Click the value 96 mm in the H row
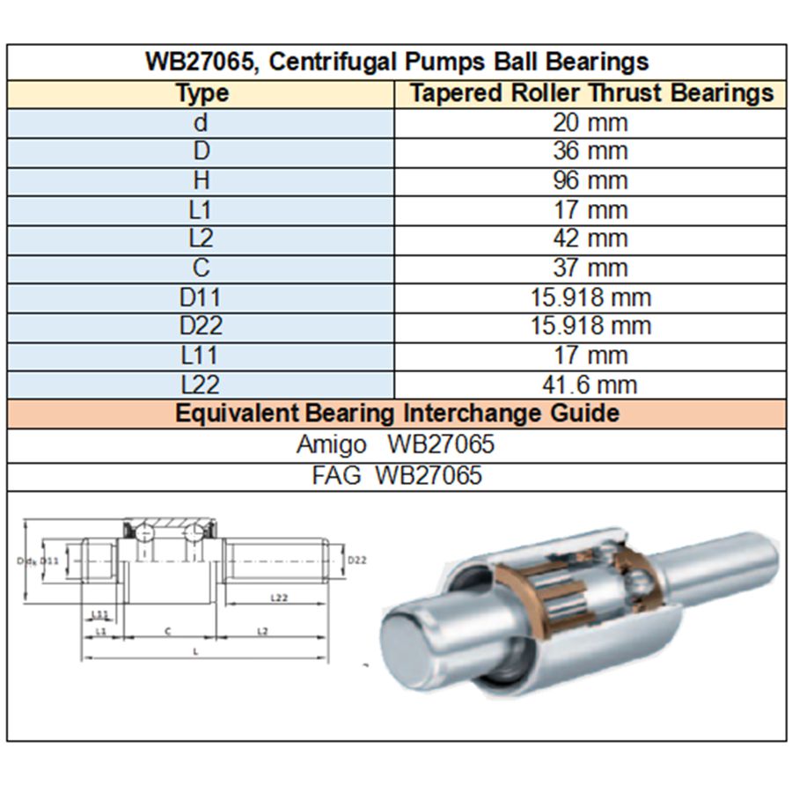click(590, 180)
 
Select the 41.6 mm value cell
click(590, 385)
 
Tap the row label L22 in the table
click(201, 385)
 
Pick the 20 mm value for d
click(590, 122)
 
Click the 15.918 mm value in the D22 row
click(590, 326)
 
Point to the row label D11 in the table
click(201, 297)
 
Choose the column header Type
click(202, 93)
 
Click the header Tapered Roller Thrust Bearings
click(591, 93)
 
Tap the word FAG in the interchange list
click(336, 476)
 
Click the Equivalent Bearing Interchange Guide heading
click(397, 413)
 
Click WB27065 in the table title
click(188, 62)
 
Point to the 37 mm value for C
click(590, 268)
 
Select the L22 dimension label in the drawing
click(277, 598)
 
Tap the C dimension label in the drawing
click(167, 631)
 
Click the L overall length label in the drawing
click(195, 652)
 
